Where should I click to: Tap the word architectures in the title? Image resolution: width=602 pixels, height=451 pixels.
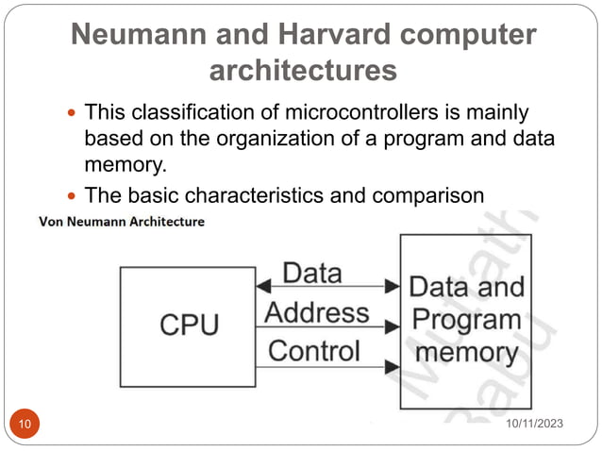302,71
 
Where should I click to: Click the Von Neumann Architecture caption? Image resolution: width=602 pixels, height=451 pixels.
120,223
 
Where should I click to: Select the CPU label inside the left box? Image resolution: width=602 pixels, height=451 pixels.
189,326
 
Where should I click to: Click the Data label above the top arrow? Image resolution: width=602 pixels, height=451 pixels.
312,274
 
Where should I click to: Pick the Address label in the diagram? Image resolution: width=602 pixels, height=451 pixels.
317,312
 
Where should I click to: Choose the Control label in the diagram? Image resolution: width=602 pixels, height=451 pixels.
314,351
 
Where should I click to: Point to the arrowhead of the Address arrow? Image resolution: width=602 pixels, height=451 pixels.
393,327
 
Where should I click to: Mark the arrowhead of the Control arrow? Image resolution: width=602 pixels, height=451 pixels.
393,366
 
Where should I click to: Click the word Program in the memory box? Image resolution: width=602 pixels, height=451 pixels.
468,319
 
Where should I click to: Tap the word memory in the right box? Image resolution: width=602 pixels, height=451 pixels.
468,354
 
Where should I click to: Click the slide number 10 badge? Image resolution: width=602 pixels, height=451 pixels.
24,426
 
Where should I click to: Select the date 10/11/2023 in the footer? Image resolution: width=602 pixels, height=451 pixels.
531,426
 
